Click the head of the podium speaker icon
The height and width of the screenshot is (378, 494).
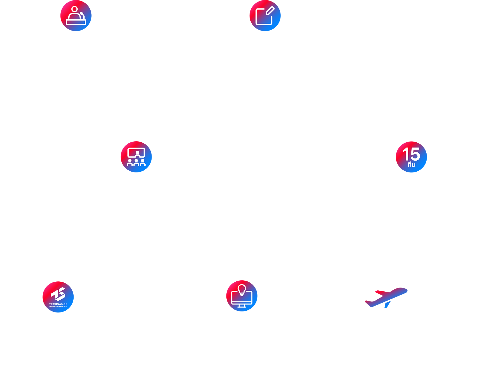[75, 9]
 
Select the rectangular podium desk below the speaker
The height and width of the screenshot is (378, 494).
[76, 22]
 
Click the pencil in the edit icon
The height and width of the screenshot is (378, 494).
[270, 11]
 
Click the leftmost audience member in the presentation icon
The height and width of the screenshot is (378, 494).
[130, 163]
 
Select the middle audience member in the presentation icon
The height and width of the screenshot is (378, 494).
[136, 163]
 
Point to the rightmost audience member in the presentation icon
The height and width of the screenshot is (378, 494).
[143, 163]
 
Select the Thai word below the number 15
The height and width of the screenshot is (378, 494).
[411, 165]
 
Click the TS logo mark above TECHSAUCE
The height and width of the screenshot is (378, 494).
[58, 294]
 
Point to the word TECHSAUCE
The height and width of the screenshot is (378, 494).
[58, 304]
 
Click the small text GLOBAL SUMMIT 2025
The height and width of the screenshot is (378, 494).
[58, 307]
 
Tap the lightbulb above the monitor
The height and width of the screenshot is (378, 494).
[242, 289]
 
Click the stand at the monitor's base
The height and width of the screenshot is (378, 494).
[242, 306]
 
